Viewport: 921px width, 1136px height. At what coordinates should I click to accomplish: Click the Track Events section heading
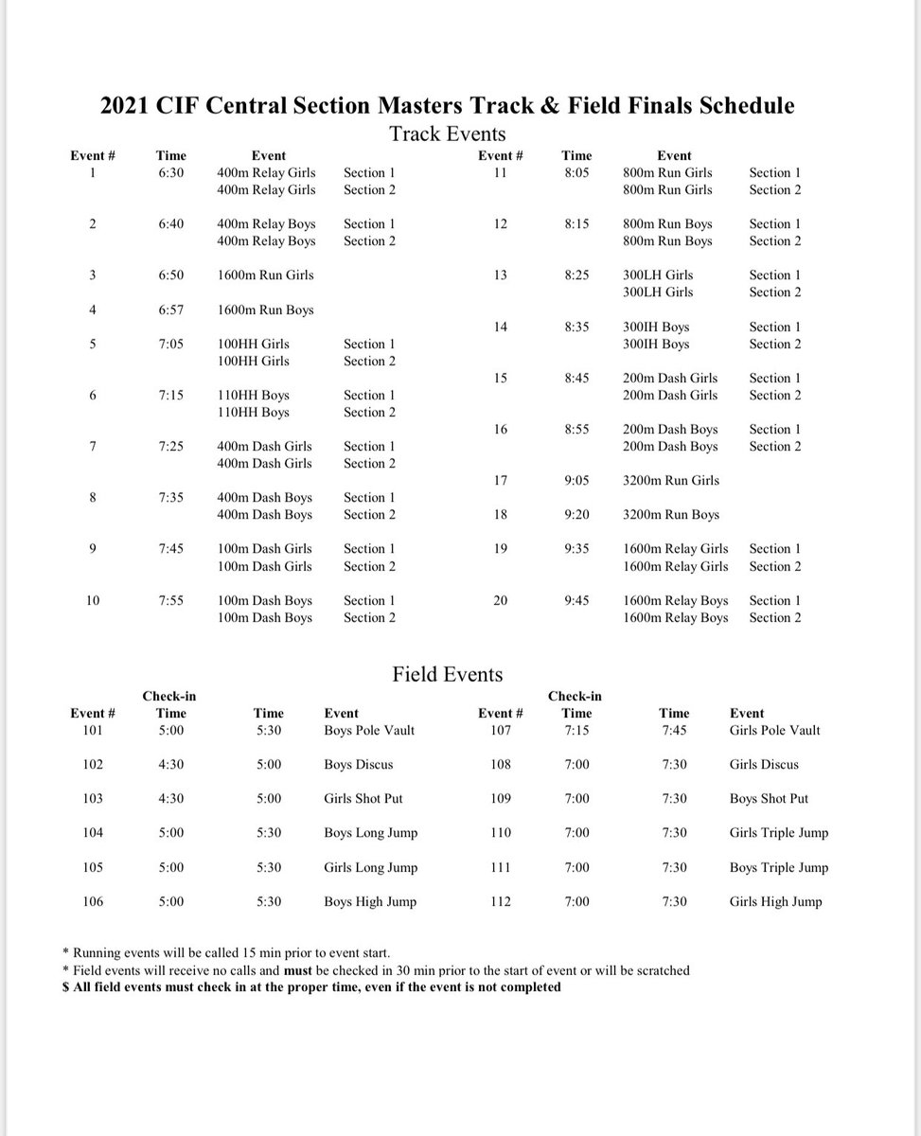(x=448, y=133)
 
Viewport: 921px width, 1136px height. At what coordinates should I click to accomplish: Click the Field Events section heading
(x=448, y=674)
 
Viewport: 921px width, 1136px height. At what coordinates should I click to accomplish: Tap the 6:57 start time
(x=171, y=310)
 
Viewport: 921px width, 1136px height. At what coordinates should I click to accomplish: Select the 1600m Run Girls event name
(x=265, y=275)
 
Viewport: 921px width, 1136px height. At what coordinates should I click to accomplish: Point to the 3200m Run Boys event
(x=671, y=515)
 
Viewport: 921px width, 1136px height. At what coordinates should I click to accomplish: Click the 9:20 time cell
(x=576, y=515)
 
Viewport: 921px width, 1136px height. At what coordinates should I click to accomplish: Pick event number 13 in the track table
(x=501, y=275)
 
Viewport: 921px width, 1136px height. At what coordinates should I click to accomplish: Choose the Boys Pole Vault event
(x=369, y=731)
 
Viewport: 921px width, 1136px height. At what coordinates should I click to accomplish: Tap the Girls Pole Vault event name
(x=775, y=731)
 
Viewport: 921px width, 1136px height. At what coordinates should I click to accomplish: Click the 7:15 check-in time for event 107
(x=576, y=731)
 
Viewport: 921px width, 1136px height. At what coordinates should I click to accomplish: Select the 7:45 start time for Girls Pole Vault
(x=675, y=731)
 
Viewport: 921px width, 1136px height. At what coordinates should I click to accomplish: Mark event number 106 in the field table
(x=94, y=901)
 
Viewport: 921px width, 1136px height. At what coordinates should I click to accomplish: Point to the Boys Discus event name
(x=358, y=765)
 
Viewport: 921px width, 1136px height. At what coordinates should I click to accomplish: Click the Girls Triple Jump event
(x=779, y=833)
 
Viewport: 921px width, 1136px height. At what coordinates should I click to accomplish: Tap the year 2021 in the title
(x=127, y=104)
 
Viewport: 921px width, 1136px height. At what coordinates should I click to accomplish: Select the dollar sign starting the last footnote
(x=64, y=987)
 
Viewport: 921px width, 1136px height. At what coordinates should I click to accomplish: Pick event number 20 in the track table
(x=501, y=600)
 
